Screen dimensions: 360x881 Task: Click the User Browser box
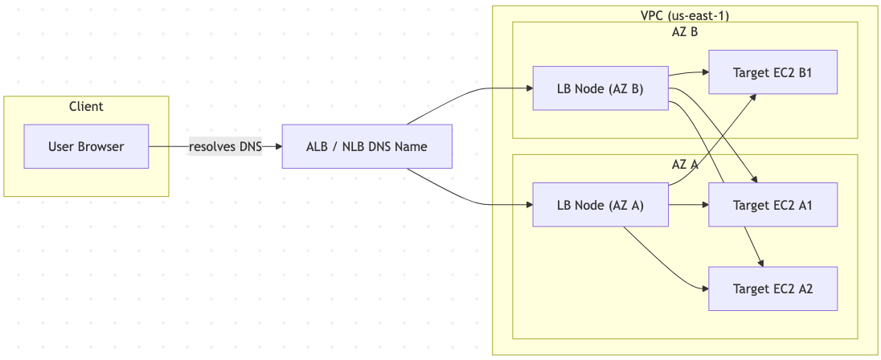[x=86, y=146]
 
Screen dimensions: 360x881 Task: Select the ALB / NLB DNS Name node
[x=367, y=146]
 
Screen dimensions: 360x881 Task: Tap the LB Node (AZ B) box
[x=600, y=88]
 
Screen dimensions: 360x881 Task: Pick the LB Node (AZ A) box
[x=600, y=205]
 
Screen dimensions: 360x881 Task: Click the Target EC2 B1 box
[x=772, y=72]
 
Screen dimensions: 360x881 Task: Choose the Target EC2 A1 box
[x=772, y=205]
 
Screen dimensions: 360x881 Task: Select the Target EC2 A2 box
[x=772, y=288]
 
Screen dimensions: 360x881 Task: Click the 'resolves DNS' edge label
[x=225, y=146]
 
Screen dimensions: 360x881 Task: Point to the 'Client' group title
[x=86, y=106]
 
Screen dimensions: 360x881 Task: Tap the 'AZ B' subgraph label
[x=685, y=32]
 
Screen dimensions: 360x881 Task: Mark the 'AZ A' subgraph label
[x=685, y=164]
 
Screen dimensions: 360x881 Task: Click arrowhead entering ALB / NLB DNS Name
[x=277, y=146]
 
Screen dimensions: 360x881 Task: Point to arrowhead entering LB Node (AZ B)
[x=528, y=88]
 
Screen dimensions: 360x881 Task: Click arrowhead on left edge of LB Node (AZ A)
[x=528, y=205]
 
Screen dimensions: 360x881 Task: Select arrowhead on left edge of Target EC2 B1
[x=703, y=72]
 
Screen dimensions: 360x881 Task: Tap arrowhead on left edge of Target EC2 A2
[x=703, y=288]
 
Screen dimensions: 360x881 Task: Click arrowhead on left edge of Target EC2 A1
[x=703, y=205]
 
